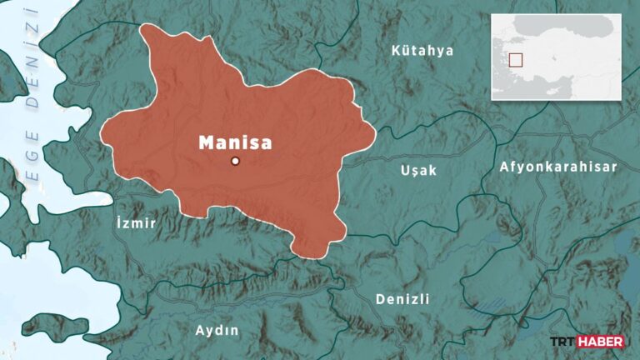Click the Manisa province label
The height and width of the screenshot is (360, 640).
click(235, 142)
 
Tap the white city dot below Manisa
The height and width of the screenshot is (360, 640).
click(235, 161)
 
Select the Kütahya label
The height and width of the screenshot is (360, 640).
click(422, 51)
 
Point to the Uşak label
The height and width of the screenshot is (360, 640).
click(417, 169)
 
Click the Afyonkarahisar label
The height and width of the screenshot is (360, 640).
click(558, 167)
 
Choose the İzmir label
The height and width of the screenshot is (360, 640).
click(133, 223)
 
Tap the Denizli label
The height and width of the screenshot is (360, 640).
click(402, 298)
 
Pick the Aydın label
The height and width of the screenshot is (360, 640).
click(217, 330)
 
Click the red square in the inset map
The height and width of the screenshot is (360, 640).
click(516, 60)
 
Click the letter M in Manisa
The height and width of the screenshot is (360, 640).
click(206, 142)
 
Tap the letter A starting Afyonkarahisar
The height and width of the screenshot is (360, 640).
click(503, 167)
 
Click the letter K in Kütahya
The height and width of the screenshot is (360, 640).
click(396, 51)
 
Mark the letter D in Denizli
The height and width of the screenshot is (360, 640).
click(380, 298)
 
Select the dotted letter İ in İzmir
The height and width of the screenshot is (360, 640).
click(113, 222)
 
